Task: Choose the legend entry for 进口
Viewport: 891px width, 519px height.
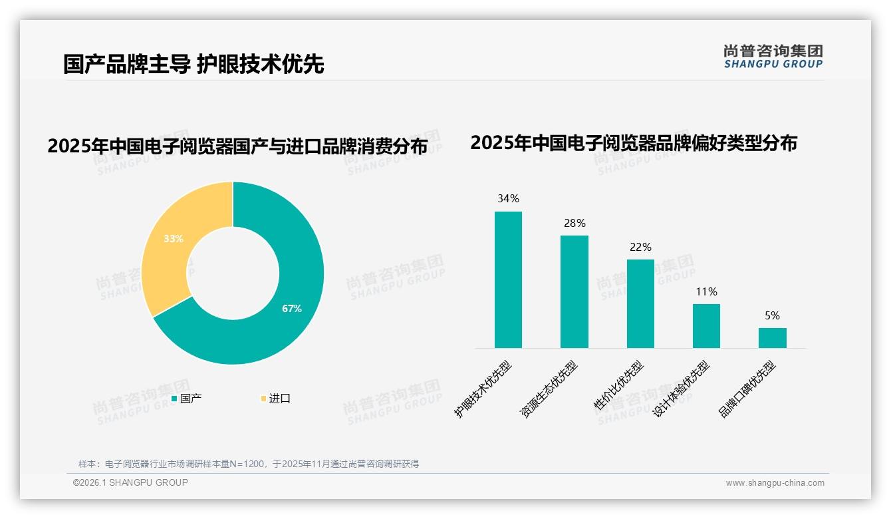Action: point(275,399)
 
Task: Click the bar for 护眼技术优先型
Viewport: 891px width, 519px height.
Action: point(508,279)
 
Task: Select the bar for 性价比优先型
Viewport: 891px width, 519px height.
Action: point(640,303)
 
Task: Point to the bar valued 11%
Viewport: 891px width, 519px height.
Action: point(706,326)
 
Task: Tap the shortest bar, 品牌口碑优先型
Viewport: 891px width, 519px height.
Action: point(772,338)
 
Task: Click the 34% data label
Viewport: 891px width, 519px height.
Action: point(508,199)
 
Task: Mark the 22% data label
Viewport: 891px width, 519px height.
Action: point(640,248)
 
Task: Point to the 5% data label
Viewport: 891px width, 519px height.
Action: point(772,316)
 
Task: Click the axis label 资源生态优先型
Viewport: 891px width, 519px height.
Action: point(549,389)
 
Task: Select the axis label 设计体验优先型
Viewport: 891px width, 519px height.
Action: point(681,389)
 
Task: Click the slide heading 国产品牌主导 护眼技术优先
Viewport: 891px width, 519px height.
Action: point(193,65)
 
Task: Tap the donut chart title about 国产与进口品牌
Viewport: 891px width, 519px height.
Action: point(237,146)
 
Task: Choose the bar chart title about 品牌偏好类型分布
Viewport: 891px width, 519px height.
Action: point(634,143)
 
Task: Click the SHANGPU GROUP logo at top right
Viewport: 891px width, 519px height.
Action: point(773,57)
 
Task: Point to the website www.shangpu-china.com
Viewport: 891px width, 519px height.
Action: point(775,483)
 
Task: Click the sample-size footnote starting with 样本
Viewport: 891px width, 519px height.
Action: point(249,464)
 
